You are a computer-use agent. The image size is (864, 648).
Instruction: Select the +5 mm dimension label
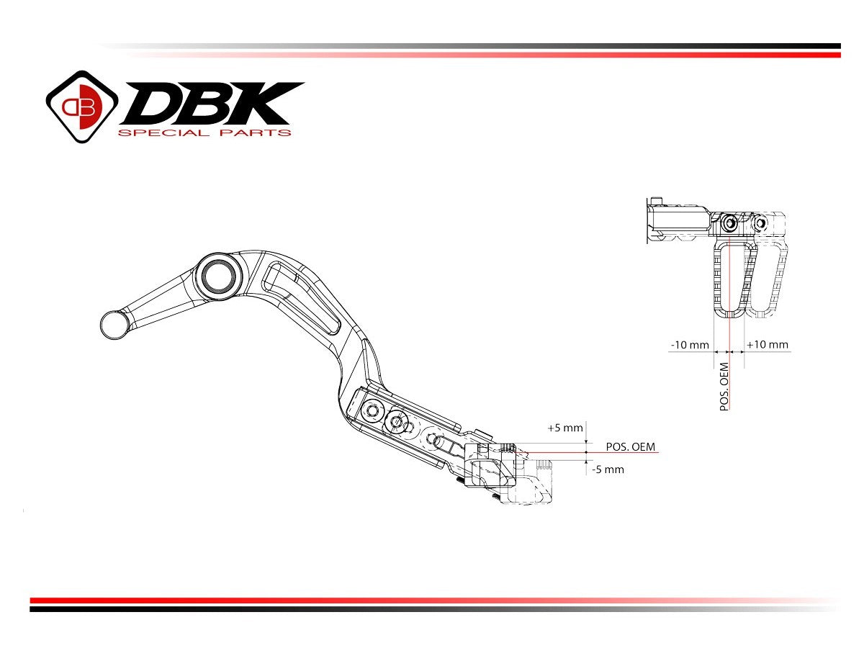tap(564, 428)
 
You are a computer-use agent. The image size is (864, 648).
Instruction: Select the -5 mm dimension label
tap(608, 469)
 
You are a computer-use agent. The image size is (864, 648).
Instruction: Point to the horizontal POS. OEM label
tap(631, 446)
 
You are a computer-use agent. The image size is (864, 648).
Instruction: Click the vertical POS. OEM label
tap(724, 387)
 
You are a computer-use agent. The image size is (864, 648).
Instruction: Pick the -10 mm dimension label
tap(689, 345)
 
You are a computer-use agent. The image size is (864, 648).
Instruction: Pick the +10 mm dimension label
tap(768, 345)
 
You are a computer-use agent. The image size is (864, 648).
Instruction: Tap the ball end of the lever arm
tap(114, 324)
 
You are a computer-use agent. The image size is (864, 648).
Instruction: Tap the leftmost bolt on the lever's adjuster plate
tap(372, 411)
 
